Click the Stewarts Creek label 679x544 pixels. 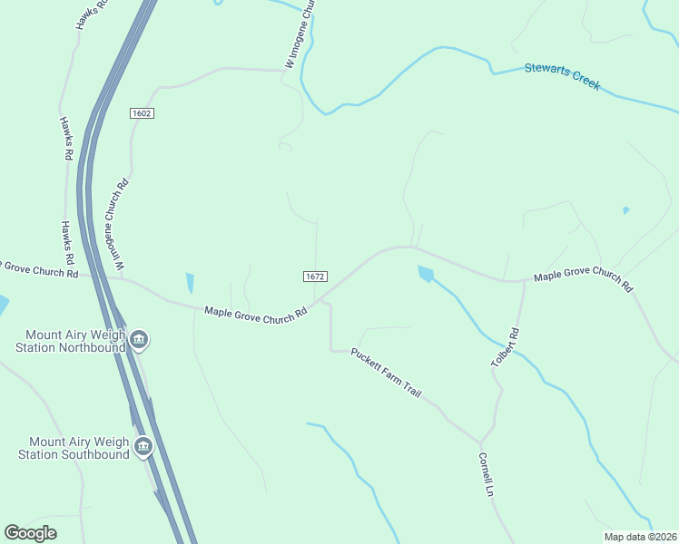pos(562,75)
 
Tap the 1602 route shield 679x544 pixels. pos(141,113)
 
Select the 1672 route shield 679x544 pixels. pos(315,276)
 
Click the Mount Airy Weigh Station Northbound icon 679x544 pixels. pos(139,341)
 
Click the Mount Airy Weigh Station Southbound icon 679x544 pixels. pos(143,446)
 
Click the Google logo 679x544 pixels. pos(30,532)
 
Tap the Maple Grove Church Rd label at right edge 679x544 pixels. pos(583,278)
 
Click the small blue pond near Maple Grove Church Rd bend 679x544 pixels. pos(425,273)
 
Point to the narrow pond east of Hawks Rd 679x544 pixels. pos(190,283)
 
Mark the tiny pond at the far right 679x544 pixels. pos(625,210)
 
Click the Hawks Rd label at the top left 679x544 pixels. pos(92,14)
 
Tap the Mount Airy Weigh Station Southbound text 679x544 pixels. pos(73,447)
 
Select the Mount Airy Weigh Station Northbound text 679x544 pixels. pos(68,340)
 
